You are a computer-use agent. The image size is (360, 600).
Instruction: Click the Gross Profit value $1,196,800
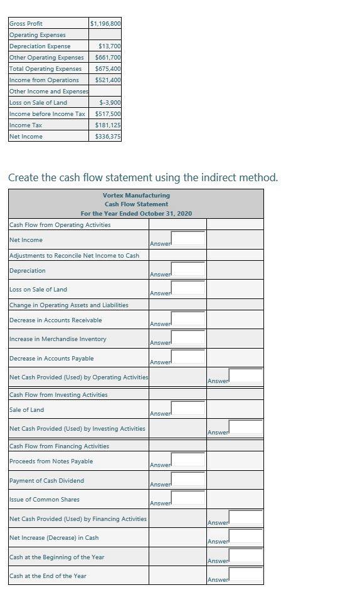click(105, 23)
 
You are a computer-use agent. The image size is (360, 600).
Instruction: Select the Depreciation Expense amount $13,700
click(110, 46)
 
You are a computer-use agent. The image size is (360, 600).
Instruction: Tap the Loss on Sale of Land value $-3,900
click(110, 102)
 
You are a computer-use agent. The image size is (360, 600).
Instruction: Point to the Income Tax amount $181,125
click(108, 125)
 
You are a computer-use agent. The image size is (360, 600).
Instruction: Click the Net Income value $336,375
click(108, 136)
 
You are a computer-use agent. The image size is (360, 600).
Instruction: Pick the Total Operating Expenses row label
click(45, 68)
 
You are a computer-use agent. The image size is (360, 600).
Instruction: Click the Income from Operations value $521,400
click(108, 80)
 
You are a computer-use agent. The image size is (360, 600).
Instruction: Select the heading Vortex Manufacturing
click(136, 195)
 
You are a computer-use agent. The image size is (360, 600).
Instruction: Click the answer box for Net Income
click(188, 238)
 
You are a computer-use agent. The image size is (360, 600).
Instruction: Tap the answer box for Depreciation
click(188, 270)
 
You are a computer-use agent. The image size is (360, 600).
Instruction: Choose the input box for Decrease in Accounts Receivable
click(188, 319)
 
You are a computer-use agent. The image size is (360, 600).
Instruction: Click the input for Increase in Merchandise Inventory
click(188, 338)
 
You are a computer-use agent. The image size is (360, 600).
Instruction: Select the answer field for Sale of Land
click(188, 409)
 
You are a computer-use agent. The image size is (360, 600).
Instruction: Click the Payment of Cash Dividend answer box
click(188, 480)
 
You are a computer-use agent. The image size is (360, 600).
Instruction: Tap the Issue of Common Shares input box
click(188, 498)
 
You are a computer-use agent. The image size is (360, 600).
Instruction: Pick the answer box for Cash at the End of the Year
click(246, 575)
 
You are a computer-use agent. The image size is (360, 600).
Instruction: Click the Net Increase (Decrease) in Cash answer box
click(246, 537)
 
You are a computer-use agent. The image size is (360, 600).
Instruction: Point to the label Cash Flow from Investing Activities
click(58, 394)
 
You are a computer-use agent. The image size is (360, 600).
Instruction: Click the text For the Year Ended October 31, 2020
click(136, 214)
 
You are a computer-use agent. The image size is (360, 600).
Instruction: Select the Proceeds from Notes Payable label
click(51, 461)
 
